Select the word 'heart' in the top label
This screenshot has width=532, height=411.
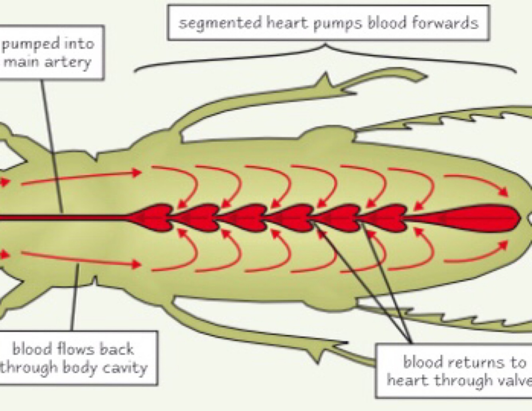[287, 23]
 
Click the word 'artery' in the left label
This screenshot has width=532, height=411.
[70, 62]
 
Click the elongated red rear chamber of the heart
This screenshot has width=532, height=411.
[479, 218]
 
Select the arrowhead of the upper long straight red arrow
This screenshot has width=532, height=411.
[138, 172]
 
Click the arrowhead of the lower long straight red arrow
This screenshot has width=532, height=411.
[138, 264]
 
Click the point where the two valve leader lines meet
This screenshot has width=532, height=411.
[411, 342]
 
